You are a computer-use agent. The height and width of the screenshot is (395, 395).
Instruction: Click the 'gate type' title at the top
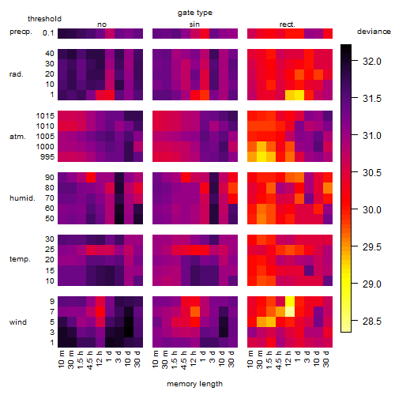(195, 13)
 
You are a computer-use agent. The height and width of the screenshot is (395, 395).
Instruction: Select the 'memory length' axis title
(194, 384)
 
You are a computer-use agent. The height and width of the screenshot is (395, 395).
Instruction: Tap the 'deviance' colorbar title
(374, 32)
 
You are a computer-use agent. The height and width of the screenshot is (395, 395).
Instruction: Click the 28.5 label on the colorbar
(372, 322)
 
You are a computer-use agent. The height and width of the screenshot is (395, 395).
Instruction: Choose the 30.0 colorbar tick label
(372, 210)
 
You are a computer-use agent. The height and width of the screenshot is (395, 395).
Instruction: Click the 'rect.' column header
(288, 24)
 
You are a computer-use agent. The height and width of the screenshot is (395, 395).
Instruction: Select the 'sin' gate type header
(194, 24)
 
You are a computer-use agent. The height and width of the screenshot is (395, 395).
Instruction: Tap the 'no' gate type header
(102, 24)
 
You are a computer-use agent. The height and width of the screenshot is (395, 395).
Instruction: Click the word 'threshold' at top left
(44, 19)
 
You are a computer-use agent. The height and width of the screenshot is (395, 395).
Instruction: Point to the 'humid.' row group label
(22, 198)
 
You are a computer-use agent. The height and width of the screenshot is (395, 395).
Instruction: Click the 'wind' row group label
(18, 322)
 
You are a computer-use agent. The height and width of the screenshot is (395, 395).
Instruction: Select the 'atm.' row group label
(17, 137)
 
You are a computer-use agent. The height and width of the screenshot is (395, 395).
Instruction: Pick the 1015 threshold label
(45, 116)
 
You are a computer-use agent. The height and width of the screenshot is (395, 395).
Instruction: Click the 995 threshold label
(47, 157)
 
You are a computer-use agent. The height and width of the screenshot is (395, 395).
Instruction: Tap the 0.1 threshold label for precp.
(48, 33)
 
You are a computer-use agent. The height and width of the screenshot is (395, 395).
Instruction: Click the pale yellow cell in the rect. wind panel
(290, 311)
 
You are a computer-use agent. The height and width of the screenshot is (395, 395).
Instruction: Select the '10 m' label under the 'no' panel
(62, 359)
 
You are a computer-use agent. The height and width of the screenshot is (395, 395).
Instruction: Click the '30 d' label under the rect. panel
(326, 359)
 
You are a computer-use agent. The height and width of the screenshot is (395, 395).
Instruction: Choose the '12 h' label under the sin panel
(193, 359)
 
